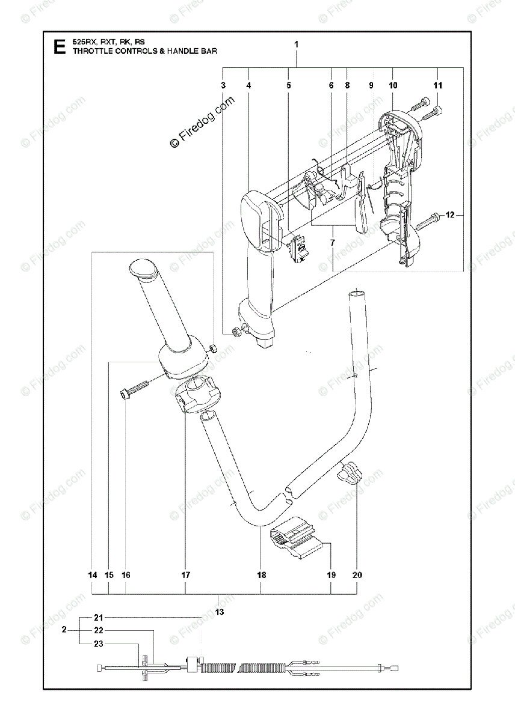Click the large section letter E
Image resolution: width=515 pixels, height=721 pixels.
click(x=58, y=46)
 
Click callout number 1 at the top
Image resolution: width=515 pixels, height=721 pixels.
click(x=296, y=44)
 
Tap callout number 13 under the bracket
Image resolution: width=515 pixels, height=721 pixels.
click(x=219, y=612)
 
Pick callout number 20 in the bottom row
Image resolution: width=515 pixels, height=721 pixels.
click(x=357, y=575)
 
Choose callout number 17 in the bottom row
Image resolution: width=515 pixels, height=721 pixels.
click(x=185, y=575)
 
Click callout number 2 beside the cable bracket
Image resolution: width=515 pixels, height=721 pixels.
click(x=64, y=630)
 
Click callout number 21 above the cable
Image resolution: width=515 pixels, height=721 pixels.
click(x=99, y=617)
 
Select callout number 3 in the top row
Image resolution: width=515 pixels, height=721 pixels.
click(x=223, y=86)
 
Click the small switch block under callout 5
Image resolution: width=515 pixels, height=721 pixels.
click(x=298, y=248)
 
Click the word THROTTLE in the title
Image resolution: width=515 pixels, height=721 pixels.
click(x=94, y=52)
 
